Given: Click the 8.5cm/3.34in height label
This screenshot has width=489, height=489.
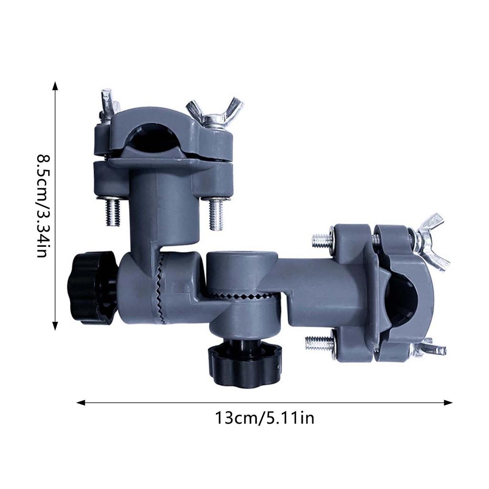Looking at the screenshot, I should [x=42, y=205].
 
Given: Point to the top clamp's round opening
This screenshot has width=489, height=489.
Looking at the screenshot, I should [x=154, y=136].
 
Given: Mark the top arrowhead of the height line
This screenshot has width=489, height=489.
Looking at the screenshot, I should [x=55, y=85].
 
